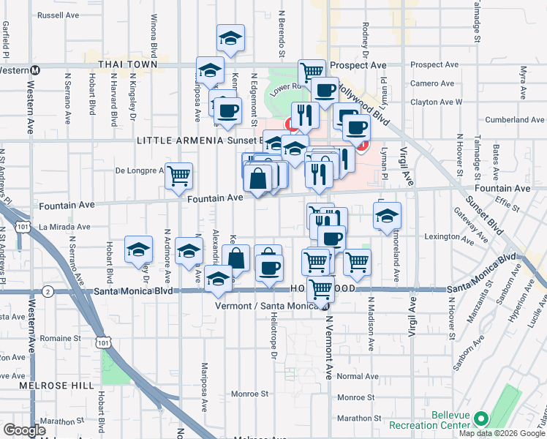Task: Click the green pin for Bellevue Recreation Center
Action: tap(480, 419)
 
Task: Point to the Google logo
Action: tap(25, 430)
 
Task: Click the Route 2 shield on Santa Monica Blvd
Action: tap(48, 291)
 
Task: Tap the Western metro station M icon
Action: tap(34, 70)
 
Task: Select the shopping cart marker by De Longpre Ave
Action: tap(178, 176)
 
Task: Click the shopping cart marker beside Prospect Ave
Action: tap(312, 72)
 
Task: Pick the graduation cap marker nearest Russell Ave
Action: tap(231, 38)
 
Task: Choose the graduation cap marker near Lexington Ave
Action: tap(387, 215)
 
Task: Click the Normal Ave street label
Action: tap(358, 376)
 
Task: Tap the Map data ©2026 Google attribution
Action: tap(500, 433)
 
